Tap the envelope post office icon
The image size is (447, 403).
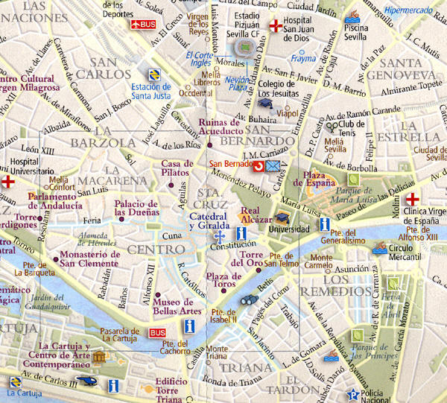(x=274, y=165)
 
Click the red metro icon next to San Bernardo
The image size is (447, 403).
(x=259, y=165)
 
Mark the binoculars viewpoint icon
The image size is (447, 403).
(x=249, y=300)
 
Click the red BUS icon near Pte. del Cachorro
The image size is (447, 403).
(x=157, y=332)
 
